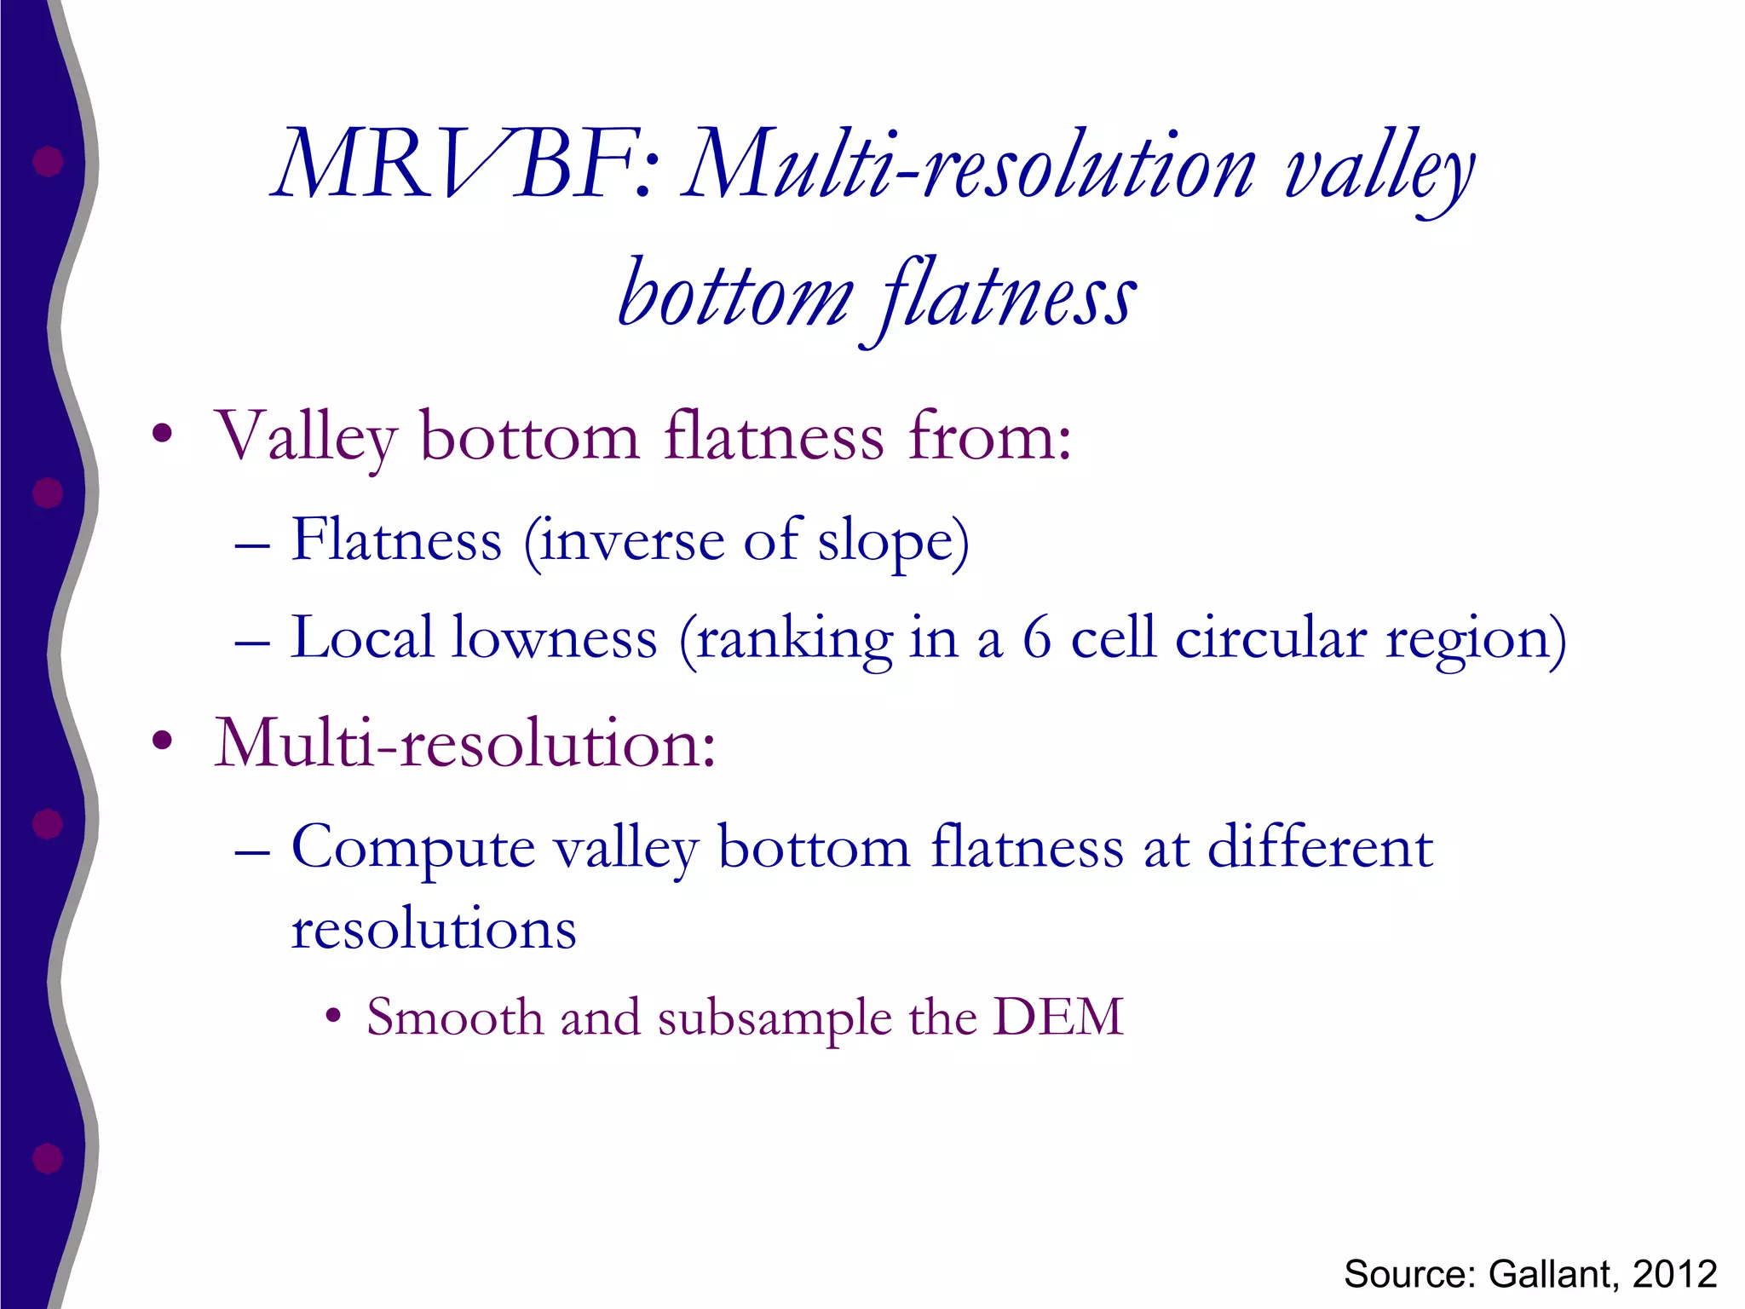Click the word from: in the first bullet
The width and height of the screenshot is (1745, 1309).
[x=989, y=436]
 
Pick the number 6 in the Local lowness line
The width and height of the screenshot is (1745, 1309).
[x=1036, y=639]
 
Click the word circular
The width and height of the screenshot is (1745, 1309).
[x=1270, y=639]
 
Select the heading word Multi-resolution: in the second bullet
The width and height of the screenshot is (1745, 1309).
[x=465, y=743]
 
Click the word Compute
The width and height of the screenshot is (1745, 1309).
[x=413, y=849]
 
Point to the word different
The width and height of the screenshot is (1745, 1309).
[x=1320, y=847]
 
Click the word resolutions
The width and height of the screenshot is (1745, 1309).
[x=434, y=929]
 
